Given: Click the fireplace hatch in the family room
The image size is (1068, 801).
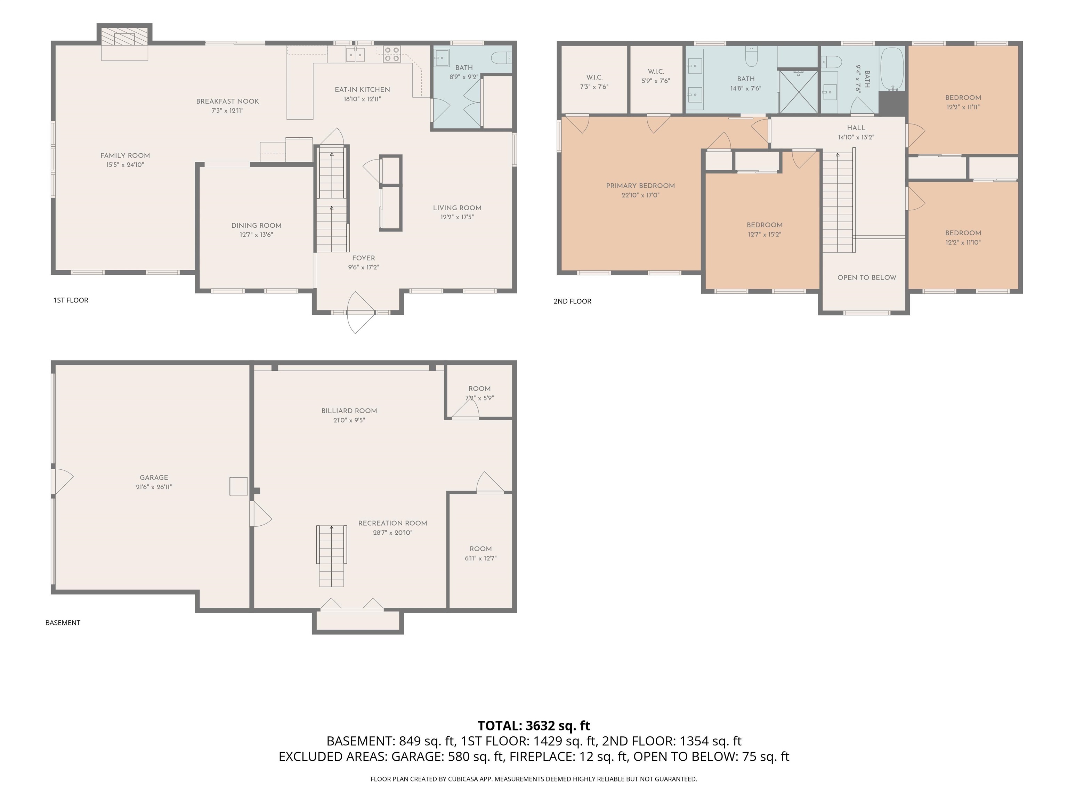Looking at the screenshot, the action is pos(124,36).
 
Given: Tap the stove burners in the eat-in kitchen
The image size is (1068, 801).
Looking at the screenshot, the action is pos(391,54).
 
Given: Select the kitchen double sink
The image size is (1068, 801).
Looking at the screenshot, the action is pos(355,55).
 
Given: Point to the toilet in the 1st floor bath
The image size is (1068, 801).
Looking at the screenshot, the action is pos(501,58).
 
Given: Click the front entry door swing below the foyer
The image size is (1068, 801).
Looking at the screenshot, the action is pos(361,313).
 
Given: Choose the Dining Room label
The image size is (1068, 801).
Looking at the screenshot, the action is pos(256,226).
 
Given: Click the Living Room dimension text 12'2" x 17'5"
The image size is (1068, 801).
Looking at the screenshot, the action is pos(457,217).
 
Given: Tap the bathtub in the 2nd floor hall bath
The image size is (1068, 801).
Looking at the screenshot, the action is pos(892,69).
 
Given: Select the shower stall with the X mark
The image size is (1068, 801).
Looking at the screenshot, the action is pos(799,92).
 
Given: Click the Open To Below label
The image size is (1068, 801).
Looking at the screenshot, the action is pos(867,278).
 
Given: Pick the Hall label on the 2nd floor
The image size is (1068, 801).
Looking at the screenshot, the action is pos(856,128).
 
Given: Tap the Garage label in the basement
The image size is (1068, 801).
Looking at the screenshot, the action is pos(154,478).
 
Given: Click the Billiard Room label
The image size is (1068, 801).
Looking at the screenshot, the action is pos(349,411).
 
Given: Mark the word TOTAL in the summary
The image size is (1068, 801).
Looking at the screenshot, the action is pos(500,726).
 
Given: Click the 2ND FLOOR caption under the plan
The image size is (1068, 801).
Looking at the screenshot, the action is pos(572,301).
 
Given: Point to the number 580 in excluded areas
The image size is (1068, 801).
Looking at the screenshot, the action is pos(459,756).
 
